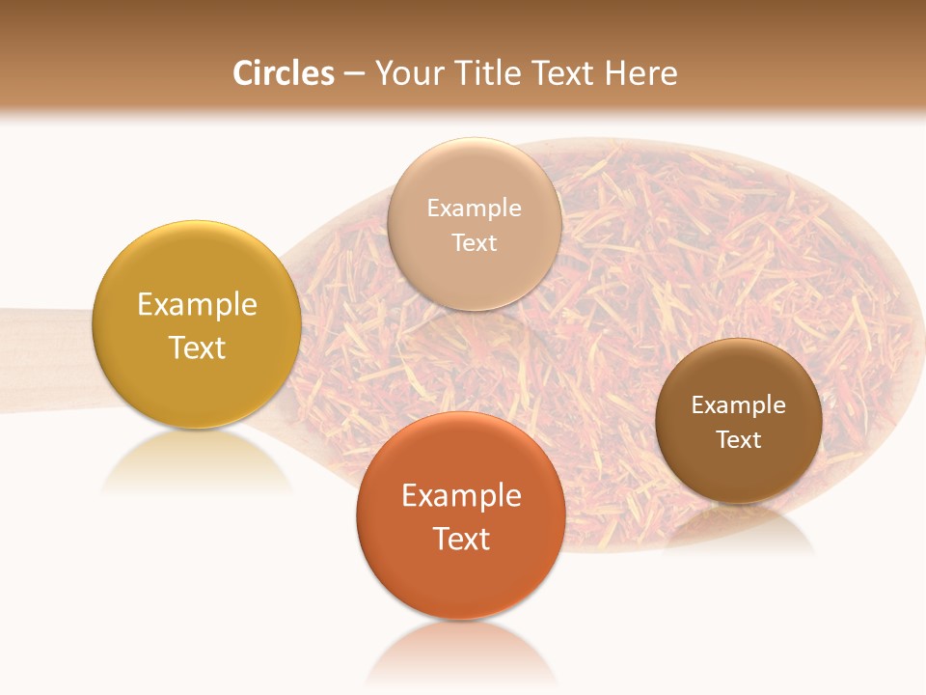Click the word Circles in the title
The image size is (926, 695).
click(x=284, y=73)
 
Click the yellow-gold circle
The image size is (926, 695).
click(x=196, y=290)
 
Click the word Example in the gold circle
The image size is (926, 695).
click(x=197, y=305)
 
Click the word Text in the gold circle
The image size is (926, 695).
click(x=197, y=347)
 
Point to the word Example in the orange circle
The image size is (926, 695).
click(x=461, y=496)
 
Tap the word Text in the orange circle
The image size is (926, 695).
click(x=461, y=539)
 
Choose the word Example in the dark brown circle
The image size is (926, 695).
click(x=739, y=405)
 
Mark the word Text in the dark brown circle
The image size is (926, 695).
click(x=739, y=440)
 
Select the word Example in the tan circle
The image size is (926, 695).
click(x=474, y=208)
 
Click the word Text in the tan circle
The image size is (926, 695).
click(x=474, y=243)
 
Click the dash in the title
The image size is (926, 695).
click(x=354, y=74)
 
